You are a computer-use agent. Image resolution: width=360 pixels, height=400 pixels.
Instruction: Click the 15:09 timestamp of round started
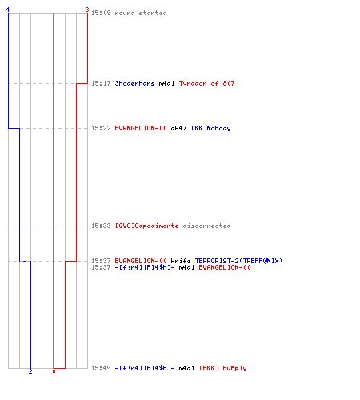coord(101,13)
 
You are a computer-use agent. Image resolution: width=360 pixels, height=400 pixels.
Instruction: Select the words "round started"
coord(141,13)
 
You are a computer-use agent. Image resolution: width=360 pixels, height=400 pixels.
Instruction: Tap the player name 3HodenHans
coord(134,83)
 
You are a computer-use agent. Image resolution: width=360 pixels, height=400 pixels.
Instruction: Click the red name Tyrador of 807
coord(206,83)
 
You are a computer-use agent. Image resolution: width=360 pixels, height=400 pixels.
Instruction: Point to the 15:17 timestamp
coord(101,83)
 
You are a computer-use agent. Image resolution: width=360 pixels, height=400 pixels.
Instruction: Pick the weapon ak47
coord(178,128)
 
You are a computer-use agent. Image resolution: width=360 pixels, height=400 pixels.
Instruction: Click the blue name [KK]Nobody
coord(211,128)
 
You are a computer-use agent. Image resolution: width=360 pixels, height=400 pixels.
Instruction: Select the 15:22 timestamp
coord(101,128)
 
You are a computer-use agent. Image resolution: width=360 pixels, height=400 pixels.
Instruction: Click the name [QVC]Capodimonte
coord(146,226)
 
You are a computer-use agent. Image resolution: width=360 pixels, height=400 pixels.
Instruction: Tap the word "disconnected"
coord(206,226)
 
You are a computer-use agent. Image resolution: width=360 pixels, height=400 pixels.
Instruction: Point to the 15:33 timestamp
coord(101,226)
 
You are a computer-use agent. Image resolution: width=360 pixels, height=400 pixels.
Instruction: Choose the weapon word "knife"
coord(181,261)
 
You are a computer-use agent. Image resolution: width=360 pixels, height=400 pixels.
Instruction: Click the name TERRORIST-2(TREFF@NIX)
coord(238,261)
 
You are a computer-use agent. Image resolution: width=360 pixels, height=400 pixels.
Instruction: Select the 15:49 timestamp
coord(101,368)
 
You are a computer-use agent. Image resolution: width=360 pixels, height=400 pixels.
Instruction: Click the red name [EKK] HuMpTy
coord(223,368)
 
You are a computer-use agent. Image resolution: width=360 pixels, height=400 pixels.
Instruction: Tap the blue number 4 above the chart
coord(8,10)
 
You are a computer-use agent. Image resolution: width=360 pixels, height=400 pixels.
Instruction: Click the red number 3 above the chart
coord(87,10)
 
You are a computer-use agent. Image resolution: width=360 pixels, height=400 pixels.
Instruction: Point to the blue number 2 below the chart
coord(30,371)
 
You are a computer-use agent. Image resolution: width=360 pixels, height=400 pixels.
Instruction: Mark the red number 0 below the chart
coord(54,371)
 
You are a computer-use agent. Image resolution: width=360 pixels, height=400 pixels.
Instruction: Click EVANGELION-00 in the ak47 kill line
coord(141,128)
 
